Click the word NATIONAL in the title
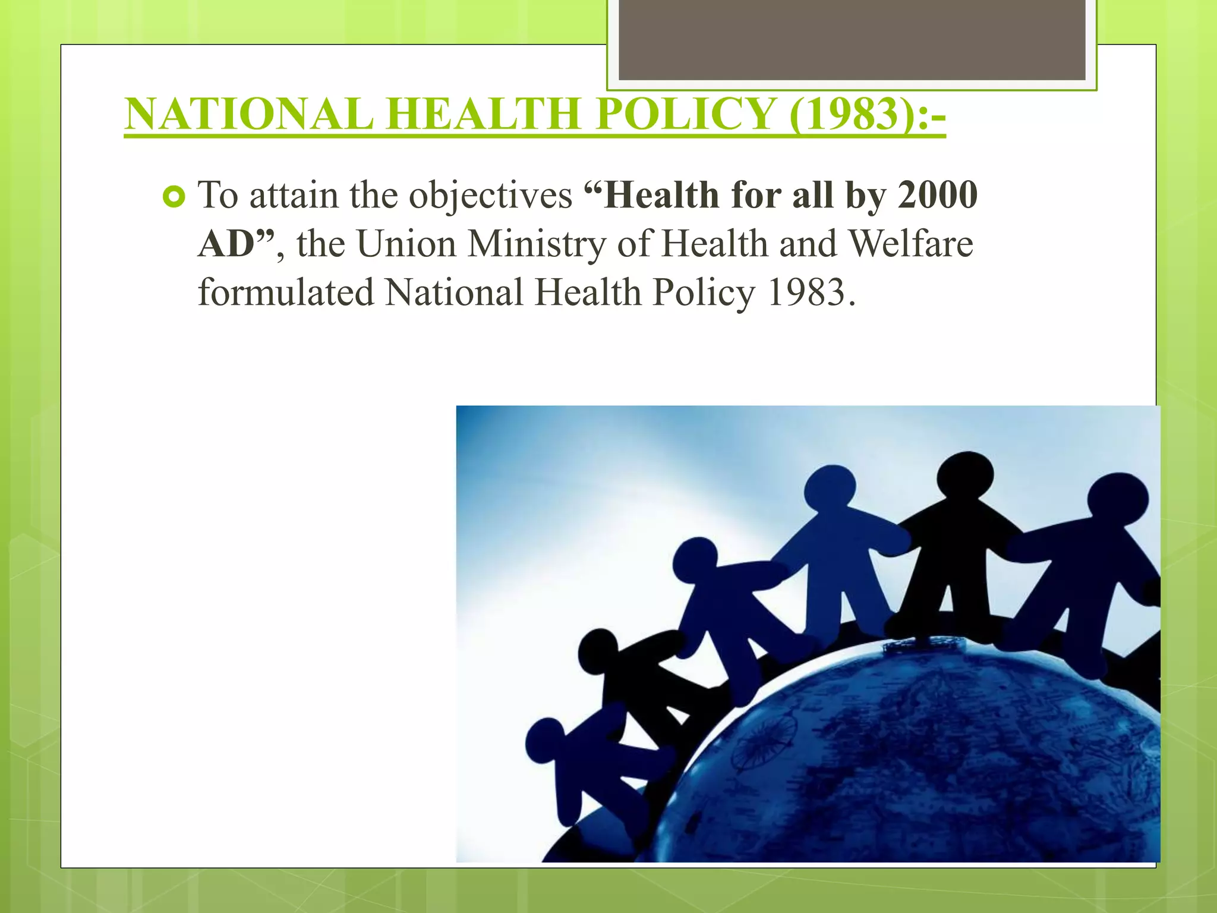[x=250, y=114]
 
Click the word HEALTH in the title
[x=483, y=114]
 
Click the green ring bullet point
[x=174, y=197]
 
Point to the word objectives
[x=491, y=196]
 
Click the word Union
[x=406, y=244]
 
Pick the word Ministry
[x=536, y=244]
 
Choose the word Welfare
[x=910, y=244]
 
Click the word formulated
[x=286, y=292]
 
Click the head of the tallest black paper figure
[x=965, y=476]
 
